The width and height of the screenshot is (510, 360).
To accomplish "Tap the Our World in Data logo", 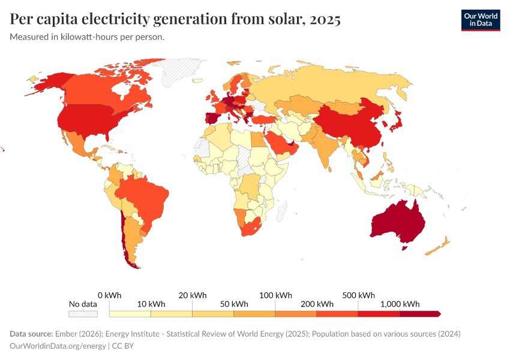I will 481,20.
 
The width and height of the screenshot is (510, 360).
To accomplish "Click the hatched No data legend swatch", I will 83,314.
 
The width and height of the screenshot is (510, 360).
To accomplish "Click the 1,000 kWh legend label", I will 400,304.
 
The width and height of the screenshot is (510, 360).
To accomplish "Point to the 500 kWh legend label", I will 358,295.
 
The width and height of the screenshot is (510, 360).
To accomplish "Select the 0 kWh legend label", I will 109,295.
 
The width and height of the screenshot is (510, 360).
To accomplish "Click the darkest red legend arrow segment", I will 420,314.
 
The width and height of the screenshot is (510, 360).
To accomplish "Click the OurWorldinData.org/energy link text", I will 58,346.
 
